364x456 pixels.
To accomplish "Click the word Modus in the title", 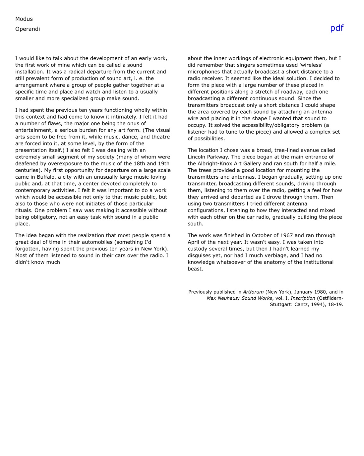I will point(24,19).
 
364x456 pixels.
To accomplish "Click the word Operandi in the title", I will point(28,29).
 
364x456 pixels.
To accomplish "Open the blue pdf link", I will point(337,28).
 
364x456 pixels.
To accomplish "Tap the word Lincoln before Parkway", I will point(198,157).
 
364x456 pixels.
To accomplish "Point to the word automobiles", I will point(97,242).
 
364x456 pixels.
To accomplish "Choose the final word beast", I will point(195,269).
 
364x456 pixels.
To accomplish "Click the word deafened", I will point(27,164).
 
